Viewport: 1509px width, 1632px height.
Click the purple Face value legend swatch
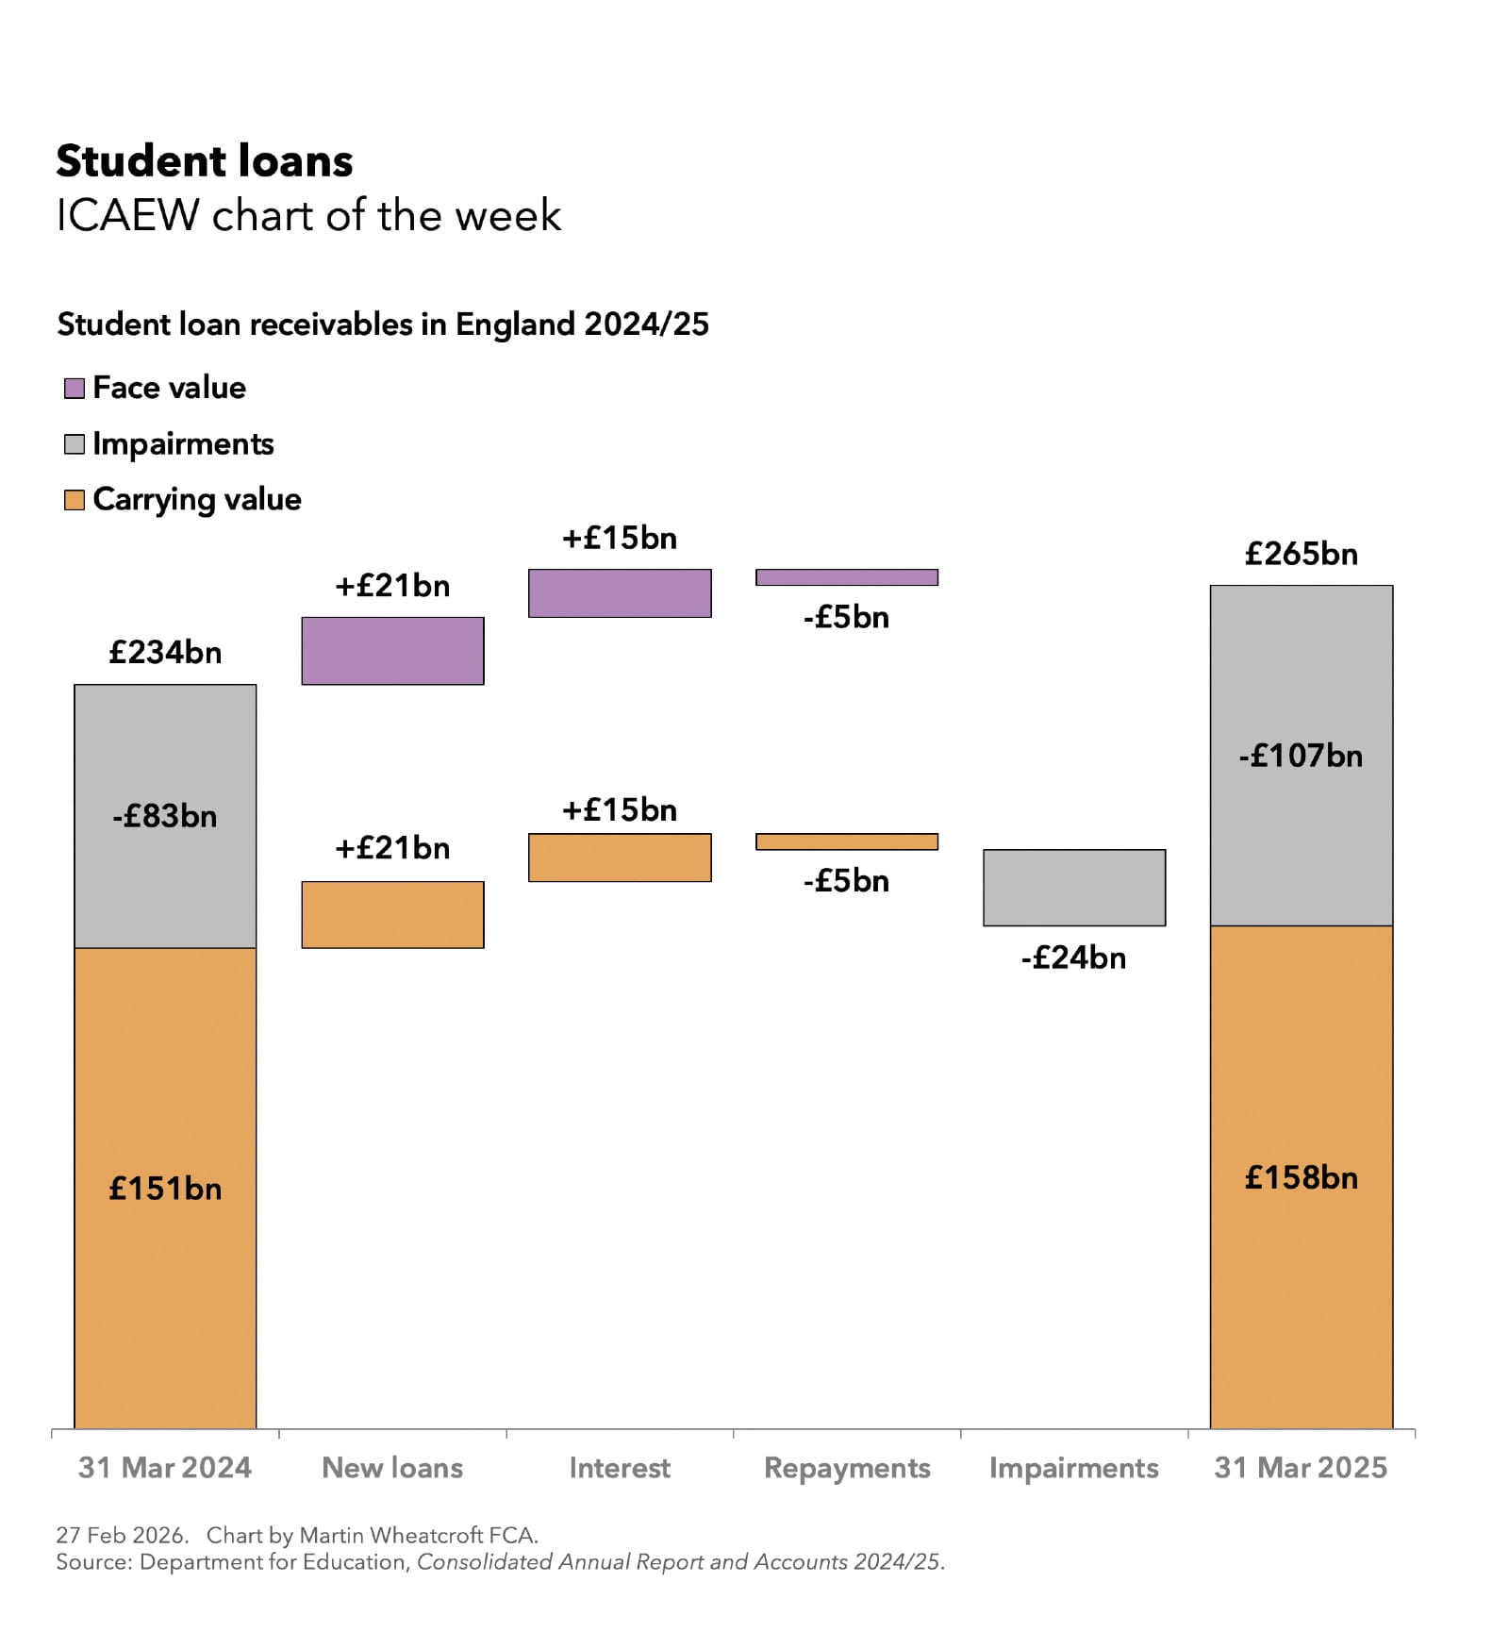coord(75,388)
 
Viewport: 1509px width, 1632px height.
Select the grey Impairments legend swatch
coord(75,444)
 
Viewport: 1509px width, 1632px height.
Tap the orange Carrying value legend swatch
coord(75,500)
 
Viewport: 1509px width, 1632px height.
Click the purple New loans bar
coord(392,651)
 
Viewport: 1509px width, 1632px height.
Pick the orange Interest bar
coord(620,858)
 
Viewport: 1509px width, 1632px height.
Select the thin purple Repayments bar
coord(847,577)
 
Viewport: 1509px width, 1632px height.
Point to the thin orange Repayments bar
coord(847,841)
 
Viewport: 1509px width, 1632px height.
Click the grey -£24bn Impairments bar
coord(1074,888)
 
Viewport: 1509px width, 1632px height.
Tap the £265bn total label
coord(1302,554)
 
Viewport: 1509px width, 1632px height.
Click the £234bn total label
coord(165,653)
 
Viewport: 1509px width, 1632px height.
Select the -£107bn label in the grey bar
coord(1302,756)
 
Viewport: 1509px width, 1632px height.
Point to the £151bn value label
coord(165,1189)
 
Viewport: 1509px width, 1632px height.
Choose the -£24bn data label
coord(1074,958)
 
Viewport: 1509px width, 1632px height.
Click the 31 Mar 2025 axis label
coord(1302,1468)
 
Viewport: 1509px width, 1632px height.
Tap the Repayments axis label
coord(847,1468)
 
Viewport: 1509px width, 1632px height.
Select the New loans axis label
coord(392,1468)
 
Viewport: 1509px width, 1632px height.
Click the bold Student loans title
coord(205,161)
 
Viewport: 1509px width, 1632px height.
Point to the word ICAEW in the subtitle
coord(128,216)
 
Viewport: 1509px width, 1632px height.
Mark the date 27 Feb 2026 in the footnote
coord(120,1535)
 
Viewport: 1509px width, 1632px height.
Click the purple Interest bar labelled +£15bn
coord(620,593)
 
